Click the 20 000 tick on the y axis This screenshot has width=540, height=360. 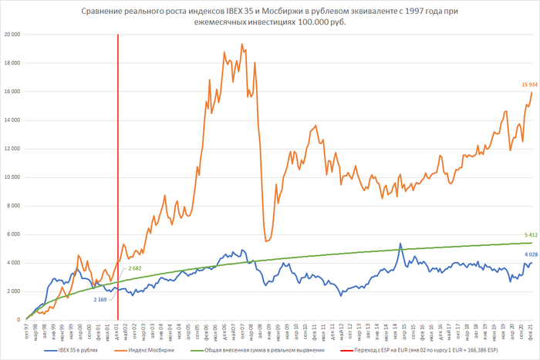click(12, 35)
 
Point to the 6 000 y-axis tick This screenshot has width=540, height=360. click(13, 234)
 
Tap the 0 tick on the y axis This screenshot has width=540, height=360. click(18, 320)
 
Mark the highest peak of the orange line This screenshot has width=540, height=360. click(242, 45)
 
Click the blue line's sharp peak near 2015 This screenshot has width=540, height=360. click(400, 244)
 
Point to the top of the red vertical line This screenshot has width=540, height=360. click(118, 35)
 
